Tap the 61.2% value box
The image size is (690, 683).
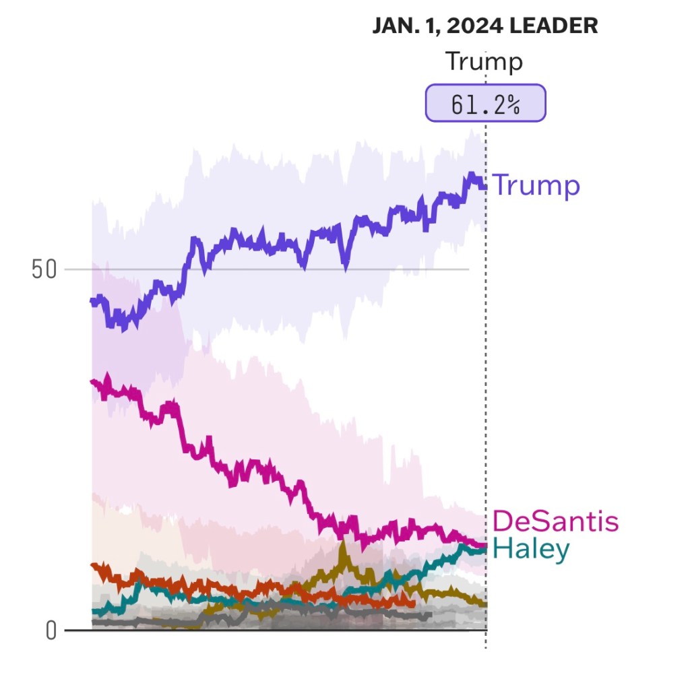(x=485, y=103)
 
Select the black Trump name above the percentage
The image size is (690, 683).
(x=484, y=62)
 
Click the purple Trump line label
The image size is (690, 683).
(x=536, y=185)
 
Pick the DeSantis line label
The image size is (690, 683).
(x=555, y=521)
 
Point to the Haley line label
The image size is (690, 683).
(x=531, y=549)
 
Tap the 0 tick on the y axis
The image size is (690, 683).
(x=51, y=630)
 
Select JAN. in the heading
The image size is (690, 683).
(x=392, y=26)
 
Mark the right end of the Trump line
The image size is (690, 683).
(x=484, y=186)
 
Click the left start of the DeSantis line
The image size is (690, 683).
(x=93, y=382)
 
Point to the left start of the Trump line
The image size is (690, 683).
(x=93, y=301)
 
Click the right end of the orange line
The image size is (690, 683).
(x=413, y=603)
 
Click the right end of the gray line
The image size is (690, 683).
(x=429, y=614)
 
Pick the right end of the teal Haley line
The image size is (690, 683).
(x=484, y=550)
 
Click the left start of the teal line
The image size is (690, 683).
(x=93, y=612)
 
